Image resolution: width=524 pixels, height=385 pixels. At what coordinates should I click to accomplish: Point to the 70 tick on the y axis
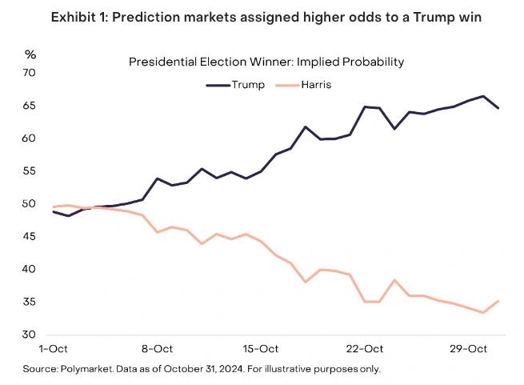[30, 73]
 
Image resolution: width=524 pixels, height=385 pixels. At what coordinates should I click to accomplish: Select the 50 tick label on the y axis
[30, 204]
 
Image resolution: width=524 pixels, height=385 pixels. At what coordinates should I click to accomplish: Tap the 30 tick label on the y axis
[30, 335]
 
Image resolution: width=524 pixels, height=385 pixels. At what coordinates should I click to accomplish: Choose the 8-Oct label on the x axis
[157, 349]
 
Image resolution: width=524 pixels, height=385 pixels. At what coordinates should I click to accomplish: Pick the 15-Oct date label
[261, 349]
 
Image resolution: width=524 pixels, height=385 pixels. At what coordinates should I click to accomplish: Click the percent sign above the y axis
[30, 54]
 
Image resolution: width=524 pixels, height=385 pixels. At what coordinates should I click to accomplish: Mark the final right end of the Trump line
[498, 108]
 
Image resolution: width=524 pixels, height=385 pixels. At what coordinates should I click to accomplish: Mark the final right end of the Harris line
[498, 301]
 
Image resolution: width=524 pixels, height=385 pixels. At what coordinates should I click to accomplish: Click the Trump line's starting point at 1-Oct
[53, 211]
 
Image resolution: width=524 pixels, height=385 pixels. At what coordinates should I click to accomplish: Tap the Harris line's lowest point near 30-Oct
[483, 312]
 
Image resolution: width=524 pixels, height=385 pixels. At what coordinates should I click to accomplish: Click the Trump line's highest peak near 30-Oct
[483, 96]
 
